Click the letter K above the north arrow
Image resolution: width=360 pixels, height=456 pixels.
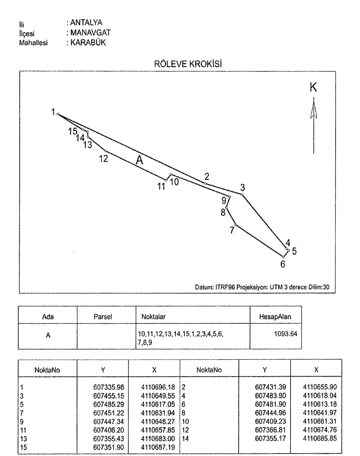click(313, 88)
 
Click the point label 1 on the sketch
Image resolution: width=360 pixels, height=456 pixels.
click(53, 111)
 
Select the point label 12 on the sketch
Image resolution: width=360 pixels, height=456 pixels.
click(103, 159)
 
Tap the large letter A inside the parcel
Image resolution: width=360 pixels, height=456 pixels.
click(139, 160)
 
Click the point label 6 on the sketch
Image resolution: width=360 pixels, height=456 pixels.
click(283, 263)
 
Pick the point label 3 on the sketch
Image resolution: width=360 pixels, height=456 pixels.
click(243, 187)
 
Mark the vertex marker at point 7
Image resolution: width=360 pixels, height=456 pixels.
click(236, 225)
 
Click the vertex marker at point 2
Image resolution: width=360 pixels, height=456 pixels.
click(206, 184)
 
